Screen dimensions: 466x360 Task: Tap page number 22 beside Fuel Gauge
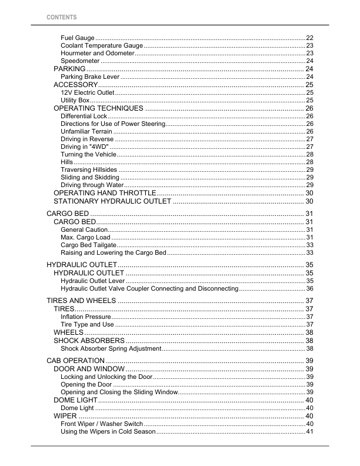tap(309, 38)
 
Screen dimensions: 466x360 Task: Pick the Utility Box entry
tap(75, 101)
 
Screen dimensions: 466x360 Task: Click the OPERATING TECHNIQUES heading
tap(98, 108)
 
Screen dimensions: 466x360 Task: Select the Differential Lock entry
tap(84, 116)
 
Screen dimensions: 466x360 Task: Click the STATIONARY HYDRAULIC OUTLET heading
tap(112, 201)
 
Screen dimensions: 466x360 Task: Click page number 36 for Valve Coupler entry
tap(309, 289)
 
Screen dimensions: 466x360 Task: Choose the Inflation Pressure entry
tap(86, 317)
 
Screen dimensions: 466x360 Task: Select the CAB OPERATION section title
tap(75, 360)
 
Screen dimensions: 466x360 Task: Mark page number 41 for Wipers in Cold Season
tap(309, 432)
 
